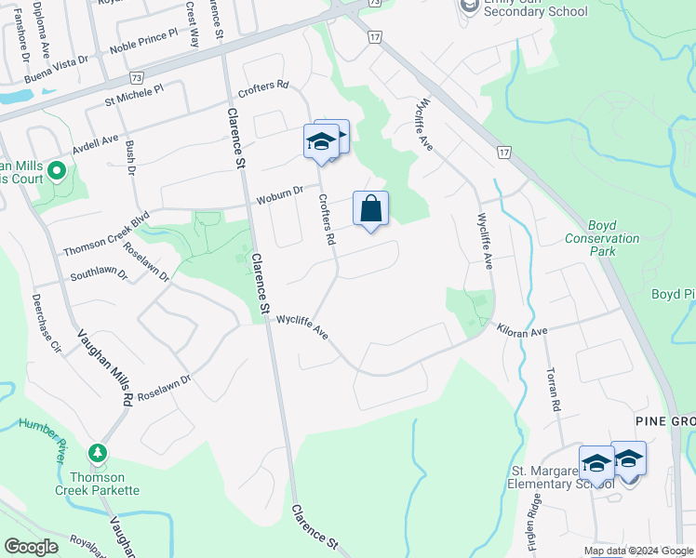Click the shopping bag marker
click(370, 210)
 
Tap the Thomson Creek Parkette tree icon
click(97, 454)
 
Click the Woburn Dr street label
click(280, 195)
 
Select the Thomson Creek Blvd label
click(106, 236)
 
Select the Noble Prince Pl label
click(142, 39)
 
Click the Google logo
click(30, 547)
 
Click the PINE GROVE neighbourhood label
click(664, 421)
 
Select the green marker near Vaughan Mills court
click(57, 171)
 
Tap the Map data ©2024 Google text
click(638, 551)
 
